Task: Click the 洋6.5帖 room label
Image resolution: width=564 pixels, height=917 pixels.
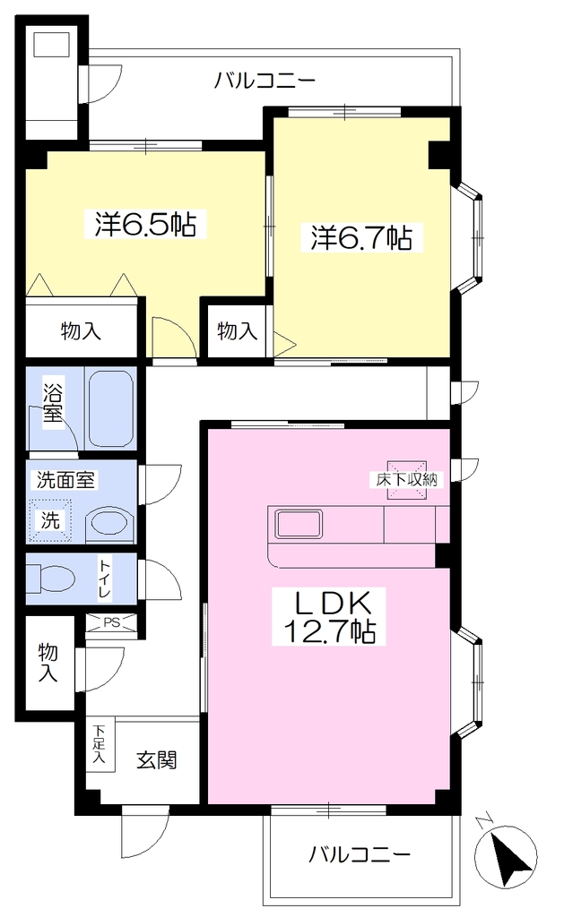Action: click(145, 223)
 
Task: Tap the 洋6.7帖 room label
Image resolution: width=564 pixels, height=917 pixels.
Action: click(361, 237)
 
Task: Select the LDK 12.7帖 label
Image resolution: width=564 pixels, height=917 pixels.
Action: click(330, 616)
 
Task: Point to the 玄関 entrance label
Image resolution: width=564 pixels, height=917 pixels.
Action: click(157, 759)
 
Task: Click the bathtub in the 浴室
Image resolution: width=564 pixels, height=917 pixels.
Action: click(111, 407)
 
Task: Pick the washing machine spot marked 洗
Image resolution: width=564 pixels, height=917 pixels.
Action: click(50, 520)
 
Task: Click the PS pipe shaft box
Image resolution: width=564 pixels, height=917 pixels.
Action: click(111, 623)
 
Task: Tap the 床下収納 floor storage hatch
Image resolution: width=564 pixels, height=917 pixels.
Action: click(406, 480)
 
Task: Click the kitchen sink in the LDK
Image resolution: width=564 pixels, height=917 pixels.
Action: click(299, 523)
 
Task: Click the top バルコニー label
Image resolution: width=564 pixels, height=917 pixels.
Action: click(265, 80)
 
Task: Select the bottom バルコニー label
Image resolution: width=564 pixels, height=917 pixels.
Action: click(360, 855)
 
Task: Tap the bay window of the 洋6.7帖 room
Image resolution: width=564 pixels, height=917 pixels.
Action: click(469, 236)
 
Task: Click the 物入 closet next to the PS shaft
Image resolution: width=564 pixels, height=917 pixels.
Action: click(49, 663)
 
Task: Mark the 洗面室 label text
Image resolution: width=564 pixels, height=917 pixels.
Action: click(65, 480)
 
